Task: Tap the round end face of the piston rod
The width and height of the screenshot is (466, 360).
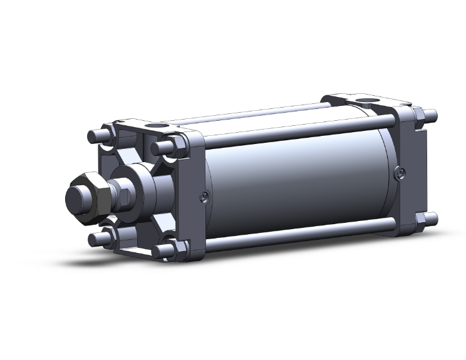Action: pos(76,198)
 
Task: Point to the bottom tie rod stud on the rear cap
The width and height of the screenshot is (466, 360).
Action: pos(432,219)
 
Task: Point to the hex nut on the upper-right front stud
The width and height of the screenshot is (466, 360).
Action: pos(175,146)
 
